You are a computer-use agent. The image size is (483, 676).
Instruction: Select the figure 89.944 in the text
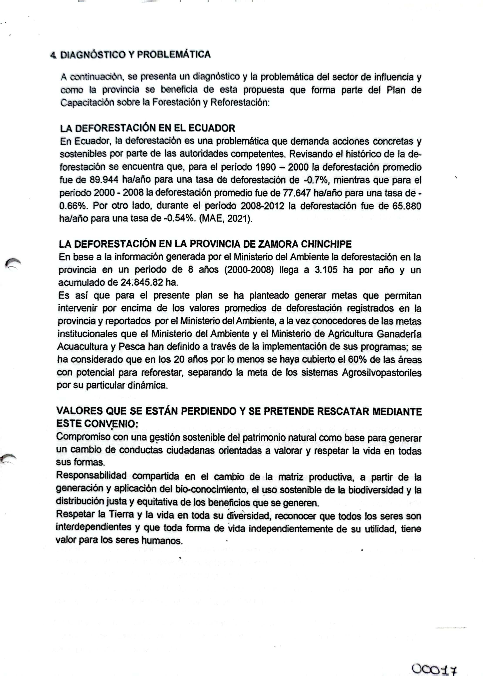[104, 180]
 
